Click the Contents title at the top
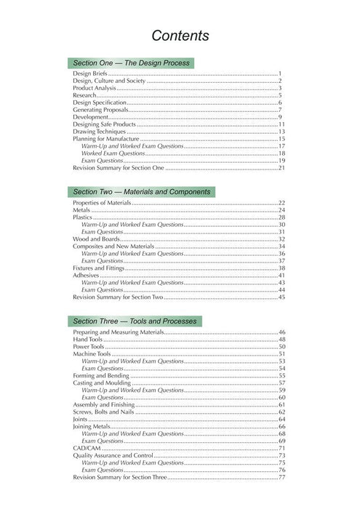[x=180, y=36]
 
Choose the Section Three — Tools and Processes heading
[x=135, y=321]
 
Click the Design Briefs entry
[x=90, y=74]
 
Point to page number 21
[x=281, y=168]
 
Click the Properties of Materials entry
[x=102, y=203]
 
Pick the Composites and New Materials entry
[x=113, y=246]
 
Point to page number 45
[x=281, y=297]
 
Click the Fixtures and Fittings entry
[x=99, y=268]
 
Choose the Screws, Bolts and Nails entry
[x=103, y=412]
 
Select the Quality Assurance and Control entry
[x=113, y=455]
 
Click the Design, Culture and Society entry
[x=109, y=81]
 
